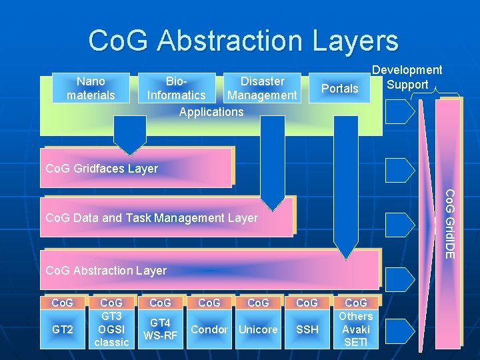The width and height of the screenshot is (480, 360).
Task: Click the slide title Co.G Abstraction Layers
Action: (243, 40)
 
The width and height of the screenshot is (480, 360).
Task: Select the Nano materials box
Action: (91, 89)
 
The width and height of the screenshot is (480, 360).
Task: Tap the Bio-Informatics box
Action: (177, 89)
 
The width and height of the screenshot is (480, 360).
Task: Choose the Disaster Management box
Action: (262, 89)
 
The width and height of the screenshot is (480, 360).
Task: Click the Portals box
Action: (340, 89)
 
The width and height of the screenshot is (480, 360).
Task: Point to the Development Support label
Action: (407, 77)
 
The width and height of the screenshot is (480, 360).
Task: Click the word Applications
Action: (211, 112)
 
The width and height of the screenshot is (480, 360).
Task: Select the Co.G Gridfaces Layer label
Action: (101, 169)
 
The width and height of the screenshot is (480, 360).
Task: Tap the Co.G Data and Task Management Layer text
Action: (151, 218)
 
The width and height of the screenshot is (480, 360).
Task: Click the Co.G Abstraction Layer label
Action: (105, 270)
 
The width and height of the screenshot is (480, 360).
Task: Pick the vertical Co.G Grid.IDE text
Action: (450, 224)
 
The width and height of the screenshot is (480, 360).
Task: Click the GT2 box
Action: (63, 329)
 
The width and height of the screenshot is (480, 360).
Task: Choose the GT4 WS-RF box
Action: (161, 329)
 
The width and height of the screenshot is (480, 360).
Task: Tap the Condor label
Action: (209, 329)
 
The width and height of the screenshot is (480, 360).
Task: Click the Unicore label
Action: (258, 329)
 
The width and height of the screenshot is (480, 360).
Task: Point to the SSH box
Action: (307, 329)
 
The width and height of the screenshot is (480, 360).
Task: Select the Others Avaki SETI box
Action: (355, 329)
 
